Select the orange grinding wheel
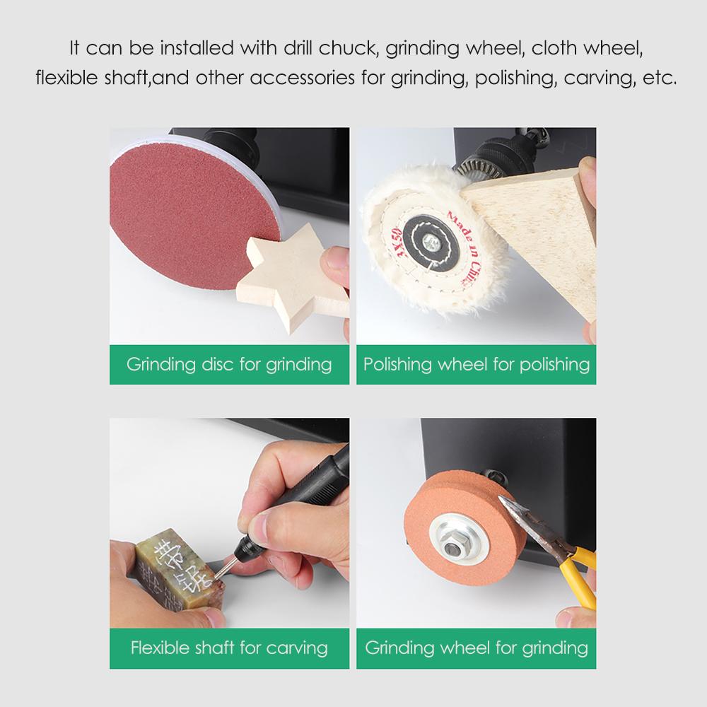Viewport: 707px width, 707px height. click(x=464, y=527)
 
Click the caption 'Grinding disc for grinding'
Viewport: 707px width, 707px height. click(x=229, y=364)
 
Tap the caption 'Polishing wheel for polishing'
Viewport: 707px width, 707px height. click(x=477, y=364)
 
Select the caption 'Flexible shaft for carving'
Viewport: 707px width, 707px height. click(x=229, y=648)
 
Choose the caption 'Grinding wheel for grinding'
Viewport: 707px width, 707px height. click(x=477, y=648)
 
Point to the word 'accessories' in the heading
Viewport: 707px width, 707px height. click(x=302, y=78)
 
